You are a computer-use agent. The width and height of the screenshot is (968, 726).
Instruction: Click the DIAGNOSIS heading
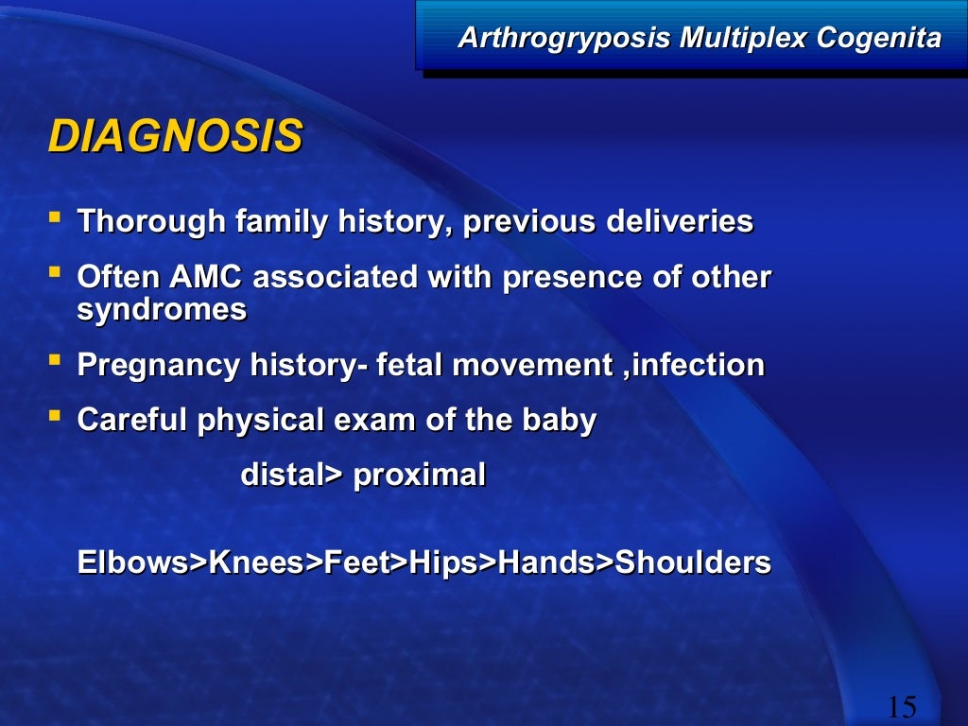pyautogui.click(x=175, y=137)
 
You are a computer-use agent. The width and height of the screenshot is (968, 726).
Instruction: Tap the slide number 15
pyautogui.click(x=902, y=706)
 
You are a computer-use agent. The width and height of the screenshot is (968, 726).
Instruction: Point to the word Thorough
pyautogui.click(x=151, y=223)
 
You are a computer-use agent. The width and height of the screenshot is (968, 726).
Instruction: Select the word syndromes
pyautogui.click(x=162, y=310)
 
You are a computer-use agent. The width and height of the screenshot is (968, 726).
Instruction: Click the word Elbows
pyautogui.click(x=133, y=563)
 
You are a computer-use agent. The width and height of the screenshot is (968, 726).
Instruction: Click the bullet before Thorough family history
pyautogui.click(x=55, y=219)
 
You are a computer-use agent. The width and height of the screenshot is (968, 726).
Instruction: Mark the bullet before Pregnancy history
pyautogui.click(x=55, y=361)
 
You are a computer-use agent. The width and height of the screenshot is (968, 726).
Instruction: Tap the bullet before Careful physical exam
pyautogui.click(x=55, y=417)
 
